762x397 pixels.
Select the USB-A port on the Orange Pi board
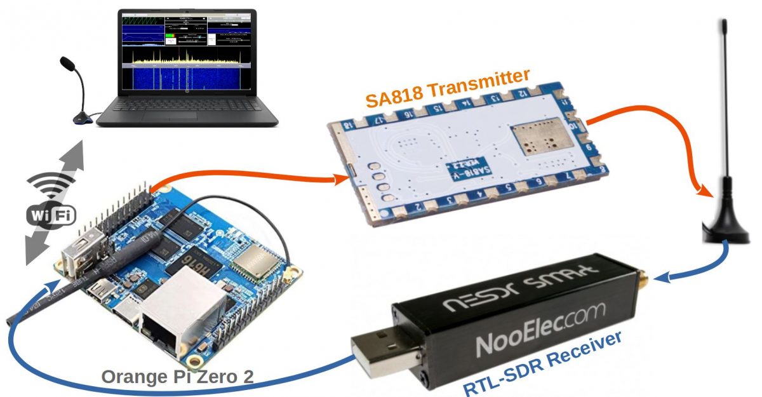[79, 251]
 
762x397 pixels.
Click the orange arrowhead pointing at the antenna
[704, 190]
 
